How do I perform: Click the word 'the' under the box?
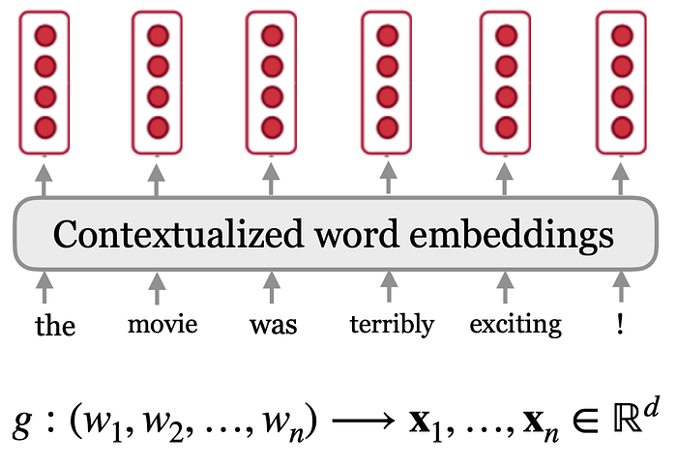point(54,324)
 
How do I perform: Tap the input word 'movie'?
point(162,323)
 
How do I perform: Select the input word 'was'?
point(273,324)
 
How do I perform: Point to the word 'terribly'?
point(392,324)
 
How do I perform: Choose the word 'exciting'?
point(515,324)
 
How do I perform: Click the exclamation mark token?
point(619,323)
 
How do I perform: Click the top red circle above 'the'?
point(45,37)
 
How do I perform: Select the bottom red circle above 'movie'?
point(159,127)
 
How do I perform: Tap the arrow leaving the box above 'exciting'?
point(503,180)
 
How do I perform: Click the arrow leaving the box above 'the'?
point(45,180)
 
